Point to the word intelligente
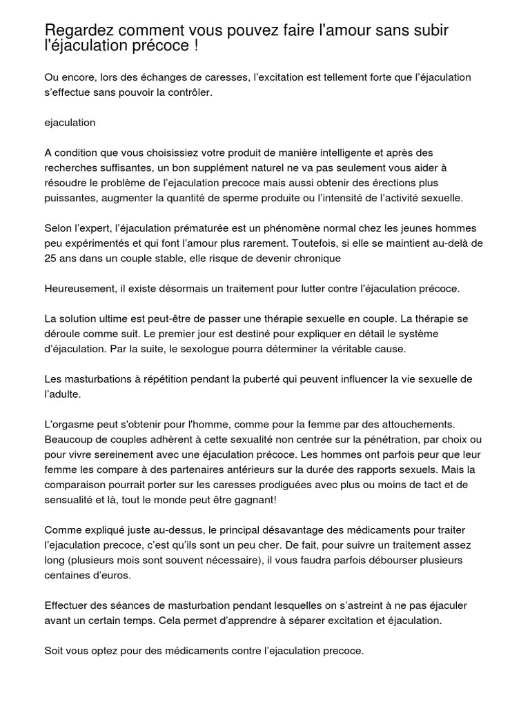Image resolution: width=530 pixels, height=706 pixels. (x=313, y=152)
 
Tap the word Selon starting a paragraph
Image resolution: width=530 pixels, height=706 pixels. (x=59, y=228)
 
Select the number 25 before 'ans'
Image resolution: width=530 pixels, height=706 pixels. (x=51, y=259)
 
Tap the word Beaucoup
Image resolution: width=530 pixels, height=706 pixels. (x=70, y=439)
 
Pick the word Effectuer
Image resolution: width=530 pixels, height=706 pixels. (x=67, y=606)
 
